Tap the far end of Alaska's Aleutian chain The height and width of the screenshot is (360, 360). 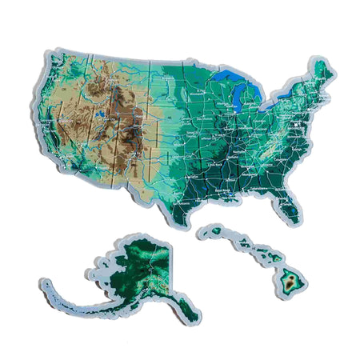click(x=46, y=282)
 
